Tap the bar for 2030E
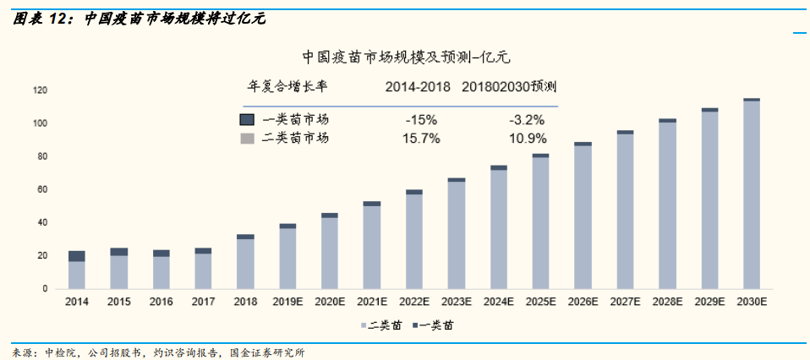[751, 194]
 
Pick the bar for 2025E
[540, 221]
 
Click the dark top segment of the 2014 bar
[77, 256]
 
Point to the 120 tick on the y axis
[41, 90]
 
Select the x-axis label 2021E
[372, 302]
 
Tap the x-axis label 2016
[161, 302]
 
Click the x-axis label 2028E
[667, 302]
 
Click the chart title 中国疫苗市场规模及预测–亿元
[407, 57]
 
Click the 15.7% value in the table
[422, 138]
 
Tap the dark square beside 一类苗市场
[247, 119]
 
